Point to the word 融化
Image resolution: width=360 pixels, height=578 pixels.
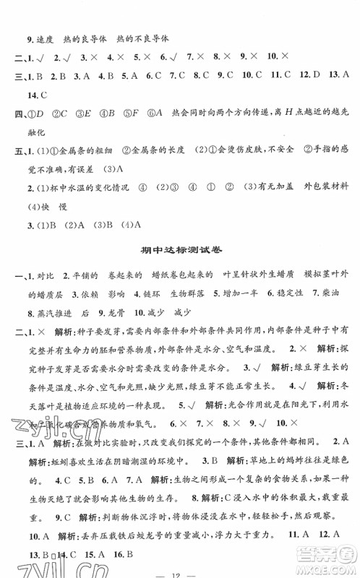[36, 150]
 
